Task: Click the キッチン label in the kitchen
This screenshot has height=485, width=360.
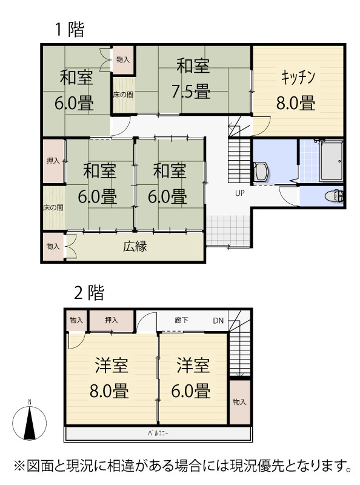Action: click(x=298, y=78)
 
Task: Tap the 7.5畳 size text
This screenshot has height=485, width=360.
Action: click(x=191, y=92)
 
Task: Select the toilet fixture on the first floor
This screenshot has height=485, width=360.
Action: click(x=334, y=196)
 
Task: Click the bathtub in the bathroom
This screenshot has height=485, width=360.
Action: click(x=332, y=161)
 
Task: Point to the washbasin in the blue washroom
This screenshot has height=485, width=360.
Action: click(x=261, y=172)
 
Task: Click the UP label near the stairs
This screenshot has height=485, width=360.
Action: click(x=239, y=193)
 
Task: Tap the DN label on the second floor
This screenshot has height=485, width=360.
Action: click(x=218, y=321)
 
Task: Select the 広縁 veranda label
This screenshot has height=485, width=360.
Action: click(x=135, y=247)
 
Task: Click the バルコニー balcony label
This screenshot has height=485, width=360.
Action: click(x=158, y=433)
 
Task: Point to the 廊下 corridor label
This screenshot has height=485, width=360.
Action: click(x=181, y=320)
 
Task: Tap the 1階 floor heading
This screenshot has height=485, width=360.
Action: click(x=70, y=29)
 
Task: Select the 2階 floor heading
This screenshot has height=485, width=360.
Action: click(x=89, y=292)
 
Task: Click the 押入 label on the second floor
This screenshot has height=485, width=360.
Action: click(x=112, y=320)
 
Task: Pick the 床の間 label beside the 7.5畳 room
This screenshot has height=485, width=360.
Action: click(x=123, y=95)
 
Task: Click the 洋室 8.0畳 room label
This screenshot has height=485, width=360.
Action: click(x=110, y=378)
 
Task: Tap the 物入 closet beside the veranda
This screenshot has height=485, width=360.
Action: click(x=53, y=246)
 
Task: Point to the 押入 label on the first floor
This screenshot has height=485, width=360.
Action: click(x=53, y=161)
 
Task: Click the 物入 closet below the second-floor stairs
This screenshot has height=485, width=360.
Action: click(x=239, y=402)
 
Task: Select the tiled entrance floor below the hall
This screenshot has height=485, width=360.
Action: click(x=228, y=231)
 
